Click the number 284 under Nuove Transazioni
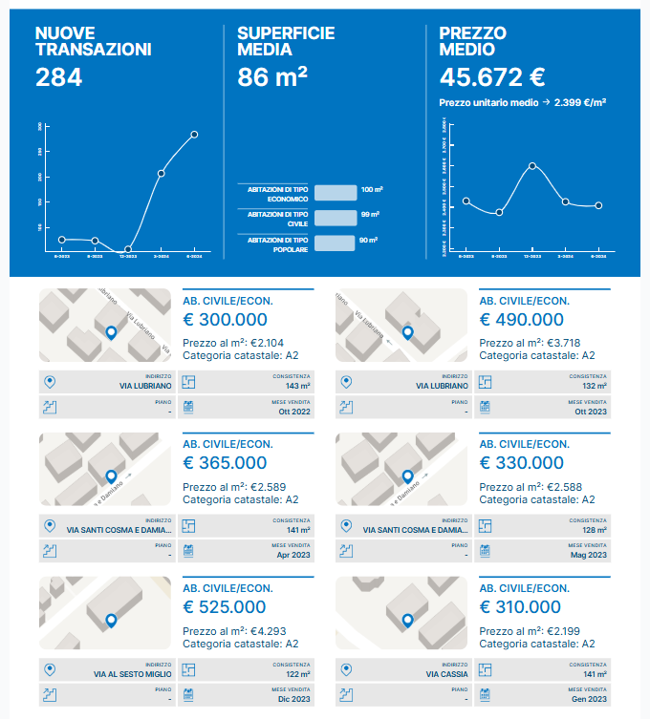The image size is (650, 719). point(59,77)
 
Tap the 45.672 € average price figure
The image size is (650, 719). point(492,77)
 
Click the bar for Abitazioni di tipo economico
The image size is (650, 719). point(336,192)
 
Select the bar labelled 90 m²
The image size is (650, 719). point(336,243)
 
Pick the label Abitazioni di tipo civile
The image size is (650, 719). point(277,218)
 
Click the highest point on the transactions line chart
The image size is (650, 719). point(194,135)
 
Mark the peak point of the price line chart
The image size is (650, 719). point(532,166)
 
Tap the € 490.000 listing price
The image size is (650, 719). point(522,320)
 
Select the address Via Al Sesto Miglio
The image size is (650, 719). point(133,674)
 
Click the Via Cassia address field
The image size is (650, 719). point(446,674)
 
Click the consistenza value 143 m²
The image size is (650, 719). point(297,386)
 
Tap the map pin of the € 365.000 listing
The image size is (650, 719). point(111,476)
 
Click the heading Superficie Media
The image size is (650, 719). point(286,41)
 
